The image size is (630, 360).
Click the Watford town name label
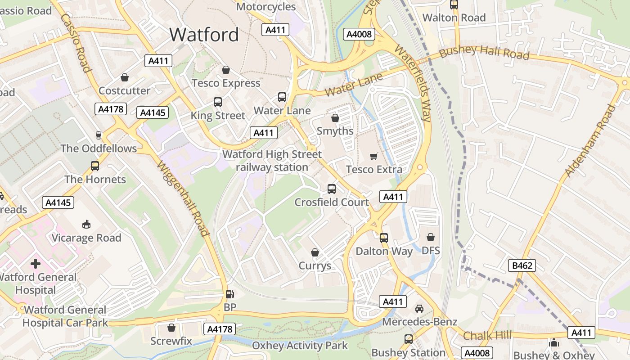point(204,35)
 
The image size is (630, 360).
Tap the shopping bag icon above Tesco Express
point(226,70)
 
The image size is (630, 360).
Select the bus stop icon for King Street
point(218,102)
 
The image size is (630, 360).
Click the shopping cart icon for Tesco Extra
point(373,156)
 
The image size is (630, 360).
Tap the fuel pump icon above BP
point(229,295)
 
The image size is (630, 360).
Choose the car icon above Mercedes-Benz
point(419,309)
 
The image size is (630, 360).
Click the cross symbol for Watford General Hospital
point(36,263)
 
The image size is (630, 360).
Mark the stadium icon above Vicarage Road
point(86,224)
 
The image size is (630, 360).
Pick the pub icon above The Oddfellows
point(99,135)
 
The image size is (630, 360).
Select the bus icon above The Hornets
point(95,166)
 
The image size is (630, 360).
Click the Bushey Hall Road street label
point(484,52)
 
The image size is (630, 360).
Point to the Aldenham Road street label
point(589,140)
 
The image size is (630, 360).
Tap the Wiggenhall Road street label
point(183,198)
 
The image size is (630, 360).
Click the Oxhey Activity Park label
point(300,346)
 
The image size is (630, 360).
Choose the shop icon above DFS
point(431,237)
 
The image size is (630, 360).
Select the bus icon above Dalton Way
point(384,238)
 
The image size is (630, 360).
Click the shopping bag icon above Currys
point(315,252)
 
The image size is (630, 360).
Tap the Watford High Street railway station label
point(272,161)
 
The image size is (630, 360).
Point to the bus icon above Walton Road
point(454,4)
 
